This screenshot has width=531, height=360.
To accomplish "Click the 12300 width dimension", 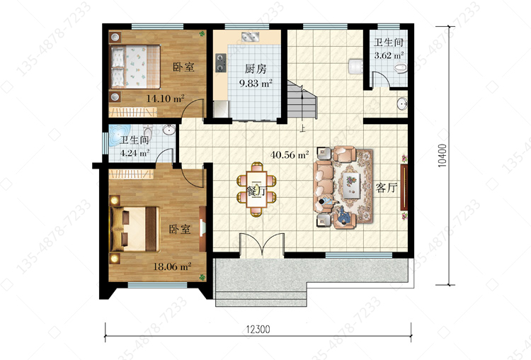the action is [258, 329].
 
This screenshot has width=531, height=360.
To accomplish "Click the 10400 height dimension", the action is [442, 156].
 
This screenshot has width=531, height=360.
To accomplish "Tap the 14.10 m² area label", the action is [165, 99].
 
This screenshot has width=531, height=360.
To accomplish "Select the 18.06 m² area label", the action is [172, 266].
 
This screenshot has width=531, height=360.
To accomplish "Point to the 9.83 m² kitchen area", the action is [256, 83].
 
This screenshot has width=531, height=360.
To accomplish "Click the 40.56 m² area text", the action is [290, 155].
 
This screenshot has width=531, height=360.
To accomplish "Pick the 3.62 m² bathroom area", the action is [389, 55].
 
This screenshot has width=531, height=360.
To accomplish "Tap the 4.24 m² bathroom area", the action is [135, 153].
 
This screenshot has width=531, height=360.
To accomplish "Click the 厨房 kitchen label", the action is [256, 69].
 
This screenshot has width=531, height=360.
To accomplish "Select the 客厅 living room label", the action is [386, 188].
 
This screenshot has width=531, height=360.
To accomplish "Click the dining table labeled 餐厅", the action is [257, 189].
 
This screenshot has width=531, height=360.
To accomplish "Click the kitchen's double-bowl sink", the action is [250, 36].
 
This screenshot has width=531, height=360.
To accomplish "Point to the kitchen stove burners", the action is [221, 63].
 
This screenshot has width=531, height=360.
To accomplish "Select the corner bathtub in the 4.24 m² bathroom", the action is [119, 135].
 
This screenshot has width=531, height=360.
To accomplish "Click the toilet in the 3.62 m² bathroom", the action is [400, 68].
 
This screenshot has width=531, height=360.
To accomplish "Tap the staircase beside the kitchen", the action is [302, 99].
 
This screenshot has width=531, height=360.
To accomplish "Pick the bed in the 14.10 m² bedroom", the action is [135, 67].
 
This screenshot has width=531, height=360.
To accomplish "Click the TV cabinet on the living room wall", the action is [404, 188].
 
